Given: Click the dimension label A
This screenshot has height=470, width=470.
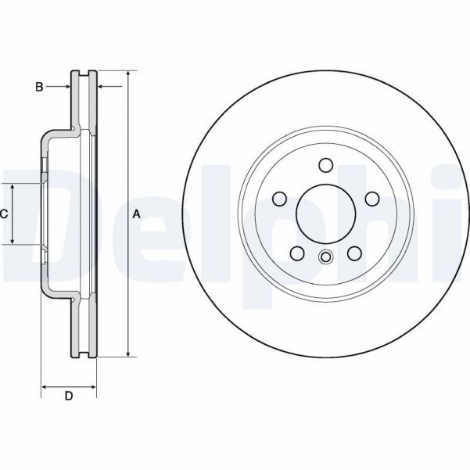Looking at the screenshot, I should pos(136,213).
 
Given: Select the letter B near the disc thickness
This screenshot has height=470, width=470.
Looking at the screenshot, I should pos(38,87).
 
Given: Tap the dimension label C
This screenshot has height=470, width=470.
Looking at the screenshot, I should pos(4,213).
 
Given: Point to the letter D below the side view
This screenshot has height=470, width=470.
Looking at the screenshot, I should pos(68,396).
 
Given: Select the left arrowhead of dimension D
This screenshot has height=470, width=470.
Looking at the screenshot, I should pos(45,386).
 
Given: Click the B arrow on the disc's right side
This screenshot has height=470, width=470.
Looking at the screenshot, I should pos(101,87).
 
